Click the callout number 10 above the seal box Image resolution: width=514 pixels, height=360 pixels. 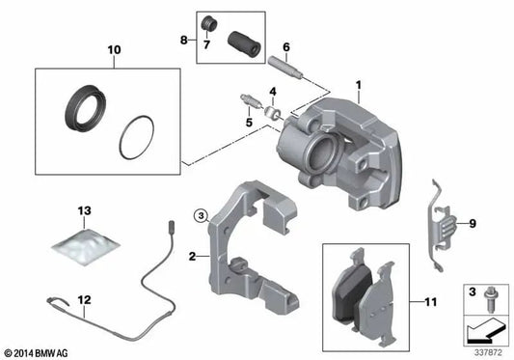point(114,50)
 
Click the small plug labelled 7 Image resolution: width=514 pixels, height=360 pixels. point(209,23)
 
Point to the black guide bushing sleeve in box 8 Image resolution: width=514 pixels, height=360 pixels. point(244,44)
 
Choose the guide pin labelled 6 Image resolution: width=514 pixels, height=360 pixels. point(285,68)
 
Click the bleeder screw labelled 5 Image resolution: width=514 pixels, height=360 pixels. point(251,100)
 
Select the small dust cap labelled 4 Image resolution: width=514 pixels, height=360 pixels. point(273,113)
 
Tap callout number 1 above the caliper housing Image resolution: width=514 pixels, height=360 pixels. point(359,85)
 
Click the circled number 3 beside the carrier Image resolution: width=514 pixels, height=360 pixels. point(201,215)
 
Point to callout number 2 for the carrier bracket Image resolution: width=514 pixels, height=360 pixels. point(193,257)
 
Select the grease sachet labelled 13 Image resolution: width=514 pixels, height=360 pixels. point(86,246)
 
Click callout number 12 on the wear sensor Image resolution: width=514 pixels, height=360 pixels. point(84,300)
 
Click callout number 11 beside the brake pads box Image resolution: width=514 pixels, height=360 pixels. point(430,302)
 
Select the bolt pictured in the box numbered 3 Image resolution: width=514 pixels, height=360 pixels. point(490,299)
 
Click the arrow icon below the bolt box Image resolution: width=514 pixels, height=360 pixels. point(485,331)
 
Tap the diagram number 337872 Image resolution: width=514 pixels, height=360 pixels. point(488,353)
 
